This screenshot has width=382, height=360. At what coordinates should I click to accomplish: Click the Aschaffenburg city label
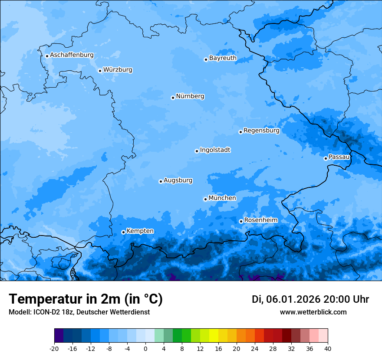click(x=72, y=55)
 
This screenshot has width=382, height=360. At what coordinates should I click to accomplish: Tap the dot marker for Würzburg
click(x=100, y=71)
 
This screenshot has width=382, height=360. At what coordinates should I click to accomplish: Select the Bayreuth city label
click(x=223, y=58)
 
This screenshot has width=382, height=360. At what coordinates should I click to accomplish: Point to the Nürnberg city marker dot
click(x=173, y=98)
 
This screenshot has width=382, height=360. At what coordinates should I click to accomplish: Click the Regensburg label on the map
click(x=261, y=130)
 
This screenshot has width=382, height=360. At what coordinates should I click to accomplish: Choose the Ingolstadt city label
click(x=215, y=150)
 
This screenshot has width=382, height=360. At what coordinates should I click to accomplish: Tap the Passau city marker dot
click(x=326, y=158)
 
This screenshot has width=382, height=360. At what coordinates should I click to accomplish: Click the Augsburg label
click(x=178, y=180)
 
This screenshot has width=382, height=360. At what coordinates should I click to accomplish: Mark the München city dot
click(x=205, y=199)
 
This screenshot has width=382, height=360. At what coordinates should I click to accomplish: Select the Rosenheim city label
click(x=260, y=220)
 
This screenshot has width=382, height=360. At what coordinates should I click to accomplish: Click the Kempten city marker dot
click(x=123, y=232)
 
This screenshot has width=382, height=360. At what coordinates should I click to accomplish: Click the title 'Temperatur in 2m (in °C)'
click(x=86, y=299)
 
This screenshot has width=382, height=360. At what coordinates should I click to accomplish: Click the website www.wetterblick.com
click(x=313, y=312)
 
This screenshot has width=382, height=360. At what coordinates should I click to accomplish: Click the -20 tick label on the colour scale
click(x=54, y=348)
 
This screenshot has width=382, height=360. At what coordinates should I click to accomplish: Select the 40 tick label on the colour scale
click(x=328, y=348)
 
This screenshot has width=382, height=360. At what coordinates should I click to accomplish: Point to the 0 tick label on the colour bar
click(x=145, y=348)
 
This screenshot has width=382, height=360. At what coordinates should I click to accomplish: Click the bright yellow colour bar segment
click(x=214, y=336)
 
